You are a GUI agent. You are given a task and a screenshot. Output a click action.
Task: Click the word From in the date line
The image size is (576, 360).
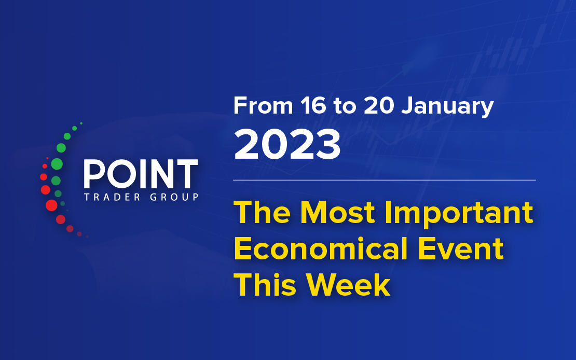(263, 106)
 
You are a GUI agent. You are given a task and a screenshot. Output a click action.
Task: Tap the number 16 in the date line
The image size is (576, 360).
(313, 106)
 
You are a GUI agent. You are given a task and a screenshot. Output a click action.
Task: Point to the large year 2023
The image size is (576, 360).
(287, 144)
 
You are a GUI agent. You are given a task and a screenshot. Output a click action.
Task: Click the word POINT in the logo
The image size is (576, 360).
(141, 174)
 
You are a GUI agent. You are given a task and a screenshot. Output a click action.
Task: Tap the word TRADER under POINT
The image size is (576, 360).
(112, 197)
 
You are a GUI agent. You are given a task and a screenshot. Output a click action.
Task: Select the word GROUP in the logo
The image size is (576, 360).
(174, 197)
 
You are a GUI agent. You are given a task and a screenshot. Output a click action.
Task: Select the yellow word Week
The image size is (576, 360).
(348, 285)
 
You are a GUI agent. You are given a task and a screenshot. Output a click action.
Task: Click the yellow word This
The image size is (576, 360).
(265, 285)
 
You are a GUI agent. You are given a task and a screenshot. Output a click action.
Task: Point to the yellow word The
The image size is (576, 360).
(262, 213)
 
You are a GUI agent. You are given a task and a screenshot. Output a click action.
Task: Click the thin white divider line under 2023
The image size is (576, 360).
(385, 181)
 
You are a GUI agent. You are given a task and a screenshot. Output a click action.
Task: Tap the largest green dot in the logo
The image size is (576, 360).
(57, 164)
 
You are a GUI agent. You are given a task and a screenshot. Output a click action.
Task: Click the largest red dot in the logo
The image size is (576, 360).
(51, 205)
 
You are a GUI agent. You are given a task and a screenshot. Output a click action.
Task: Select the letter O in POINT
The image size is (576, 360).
(119, 174)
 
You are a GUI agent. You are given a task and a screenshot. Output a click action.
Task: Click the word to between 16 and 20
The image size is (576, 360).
(345, 106)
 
